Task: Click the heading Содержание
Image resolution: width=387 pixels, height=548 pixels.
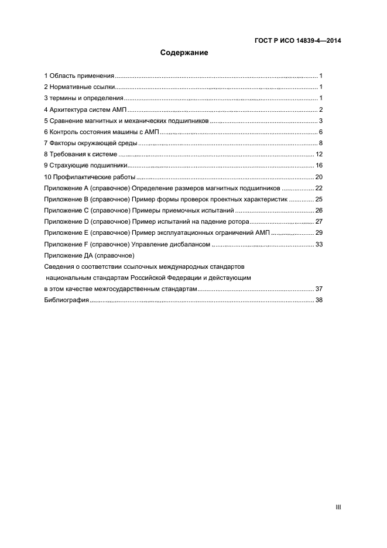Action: tap(184, 53)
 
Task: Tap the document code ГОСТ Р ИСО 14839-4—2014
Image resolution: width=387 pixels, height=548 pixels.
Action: tap(297, 41)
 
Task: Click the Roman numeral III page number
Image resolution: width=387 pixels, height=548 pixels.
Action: tap(338, 507)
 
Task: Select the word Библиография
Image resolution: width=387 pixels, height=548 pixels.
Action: tap(66, 300)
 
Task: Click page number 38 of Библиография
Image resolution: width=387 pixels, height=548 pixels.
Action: tap(319, 300)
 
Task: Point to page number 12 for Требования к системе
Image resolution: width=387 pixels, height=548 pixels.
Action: tap(319, 155)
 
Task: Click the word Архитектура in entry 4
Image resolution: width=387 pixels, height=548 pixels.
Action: tap(70, 110)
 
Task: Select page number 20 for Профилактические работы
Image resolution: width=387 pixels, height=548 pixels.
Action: tap(319, 177)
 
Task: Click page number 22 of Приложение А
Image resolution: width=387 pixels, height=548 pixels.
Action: tap(319, 188)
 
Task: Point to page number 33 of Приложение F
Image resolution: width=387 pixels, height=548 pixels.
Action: tap(319, 244)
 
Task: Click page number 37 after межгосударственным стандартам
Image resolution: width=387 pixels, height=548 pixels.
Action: tap(319, 289)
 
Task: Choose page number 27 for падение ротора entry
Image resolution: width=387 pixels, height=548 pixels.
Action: tap(319, 222)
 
